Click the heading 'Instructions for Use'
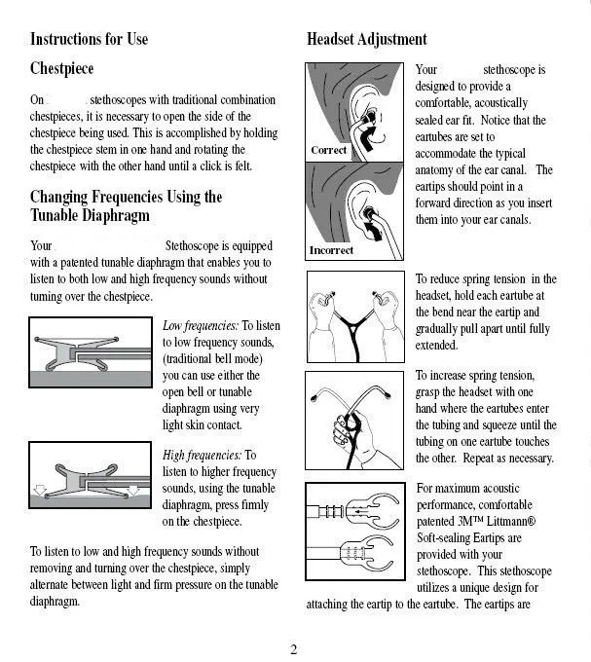89,40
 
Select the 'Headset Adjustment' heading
366,40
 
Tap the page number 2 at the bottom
293,649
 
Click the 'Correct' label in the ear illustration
328,151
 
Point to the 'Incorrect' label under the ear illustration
331,250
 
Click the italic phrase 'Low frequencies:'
201,326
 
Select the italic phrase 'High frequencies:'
202,455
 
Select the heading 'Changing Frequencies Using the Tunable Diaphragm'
127,205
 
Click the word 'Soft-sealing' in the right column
447,538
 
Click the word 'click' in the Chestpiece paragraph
209,166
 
